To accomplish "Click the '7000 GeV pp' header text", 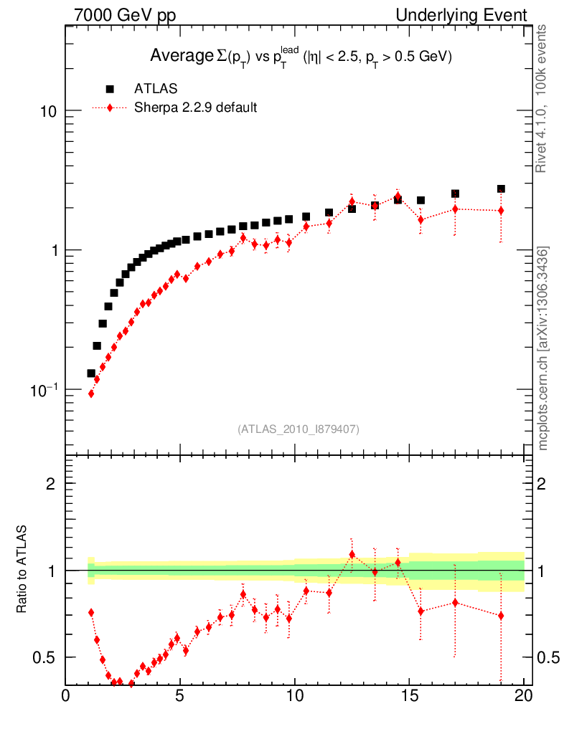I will (125, 15).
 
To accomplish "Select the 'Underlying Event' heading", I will (461, 15).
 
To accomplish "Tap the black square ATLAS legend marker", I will (110, 89).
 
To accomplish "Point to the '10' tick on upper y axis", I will (47, 111).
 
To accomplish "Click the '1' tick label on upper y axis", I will (53, 250).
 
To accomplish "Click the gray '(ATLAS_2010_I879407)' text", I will (299, 429).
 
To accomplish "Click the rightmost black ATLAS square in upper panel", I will (501, 189).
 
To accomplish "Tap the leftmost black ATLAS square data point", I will (91, 373).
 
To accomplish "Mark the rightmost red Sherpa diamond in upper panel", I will (501, 210).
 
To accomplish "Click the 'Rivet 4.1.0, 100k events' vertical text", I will (542, 97).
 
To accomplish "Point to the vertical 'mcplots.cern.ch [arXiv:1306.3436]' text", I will (543, 348).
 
